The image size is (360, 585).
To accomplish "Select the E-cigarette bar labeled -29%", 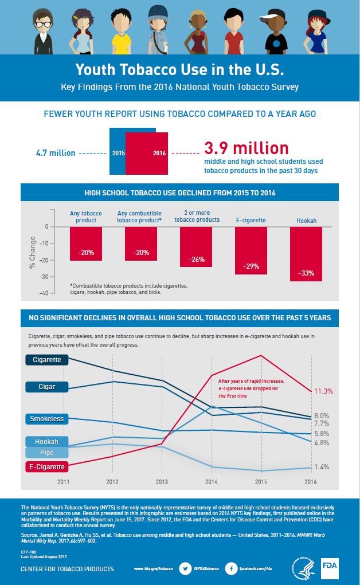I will click(251, 250).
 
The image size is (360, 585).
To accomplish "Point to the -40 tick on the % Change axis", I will click(44, 293).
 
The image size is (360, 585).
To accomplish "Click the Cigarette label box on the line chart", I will click(46, 360).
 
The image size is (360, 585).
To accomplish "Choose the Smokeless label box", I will click(46, 419).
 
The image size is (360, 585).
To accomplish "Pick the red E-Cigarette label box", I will click(46, 466).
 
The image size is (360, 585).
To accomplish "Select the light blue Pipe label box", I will click(46, 453).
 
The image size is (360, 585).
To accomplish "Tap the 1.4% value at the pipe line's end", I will click(322, 467).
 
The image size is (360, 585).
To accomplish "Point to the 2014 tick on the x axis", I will click(212, 482).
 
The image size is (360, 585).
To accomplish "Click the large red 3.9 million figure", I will click(246, 148).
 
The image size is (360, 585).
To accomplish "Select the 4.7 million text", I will click(55, 153).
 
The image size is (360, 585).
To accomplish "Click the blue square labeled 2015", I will click(118, 152).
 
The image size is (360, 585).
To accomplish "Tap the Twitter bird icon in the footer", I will click(185, 569).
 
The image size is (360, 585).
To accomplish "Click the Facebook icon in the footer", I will click(231, 569).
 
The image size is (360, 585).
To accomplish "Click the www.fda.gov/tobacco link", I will click(153, 569).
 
